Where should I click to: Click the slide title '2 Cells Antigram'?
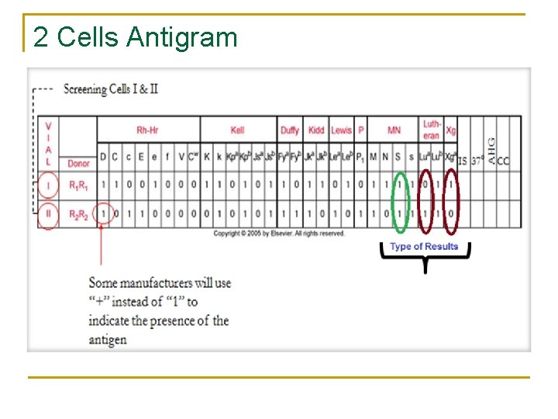[136, 36]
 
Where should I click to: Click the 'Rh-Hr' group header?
[148, 130]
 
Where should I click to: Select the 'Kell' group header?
[237, 130]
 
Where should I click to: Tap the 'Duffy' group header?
[290, 130]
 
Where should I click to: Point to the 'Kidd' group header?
[316, 130]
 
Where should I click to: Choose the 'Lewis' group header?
[341, 130]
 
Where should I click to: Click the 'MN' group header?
[394, 130]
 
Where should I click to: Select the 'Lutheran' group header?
[432, 130]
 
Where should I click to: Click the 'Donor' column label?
[78, 164]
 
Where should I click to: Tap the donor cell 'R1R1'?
[78, 186]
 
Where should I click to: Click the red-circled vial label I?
[49, 186]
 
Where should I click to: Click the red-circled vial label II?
[49, 214]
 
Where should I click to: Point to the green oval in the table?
[400, 200]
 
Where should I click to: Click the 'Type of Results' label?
[424, 247]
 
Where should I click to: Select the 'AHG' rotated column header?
[491, 147]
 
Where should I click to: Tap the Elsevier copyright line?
[279, 234]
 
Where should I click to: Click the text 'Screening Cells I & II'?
[111, 89]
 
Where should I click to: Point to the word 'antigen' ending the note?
[107, 339]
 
